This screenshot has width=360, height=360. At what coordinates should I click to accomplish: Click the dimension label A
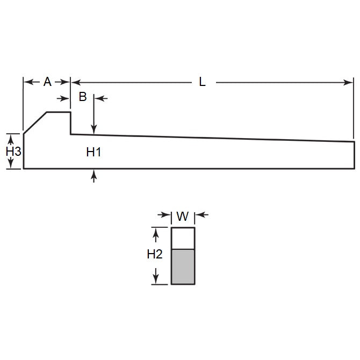pos(47,82)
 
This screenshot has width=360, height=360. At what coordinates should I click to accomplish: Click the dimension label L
pos(202,82)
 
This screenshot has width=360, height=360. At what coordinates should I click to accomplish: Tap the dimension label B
pos(83,97)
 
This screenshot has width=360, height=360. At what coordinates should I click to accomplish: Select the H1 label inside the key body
pos(94,153)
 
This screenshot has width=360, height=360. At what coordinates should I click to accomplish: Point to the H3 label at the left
pos(13,152)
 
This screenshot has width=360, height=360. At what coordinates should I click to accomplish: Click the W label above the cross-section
pos(183,217)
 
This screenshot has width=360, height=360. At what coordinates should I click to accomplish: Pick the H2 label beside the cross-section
pos(155,255)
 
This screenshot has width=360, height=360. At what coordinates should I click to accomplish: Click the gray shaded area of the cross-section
pos(183,267)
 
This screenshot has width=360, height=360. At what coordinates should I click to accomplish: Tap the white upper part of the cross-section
pos(183,239)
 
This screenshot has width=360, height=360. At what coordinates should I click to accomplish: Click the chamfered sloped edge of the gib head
pos(35,122)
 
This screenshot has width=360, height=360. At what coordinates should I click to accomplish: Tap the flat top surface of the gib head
pos(59,112)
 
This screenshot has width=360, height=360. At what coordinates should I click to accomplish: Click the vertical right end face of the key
pos(354,155)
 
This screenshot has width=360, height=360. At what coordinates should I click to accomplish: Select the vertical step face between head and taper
pos(71,123)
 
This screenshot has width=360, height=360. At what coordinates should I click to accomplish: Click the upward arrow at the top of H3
pos(9,137)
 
